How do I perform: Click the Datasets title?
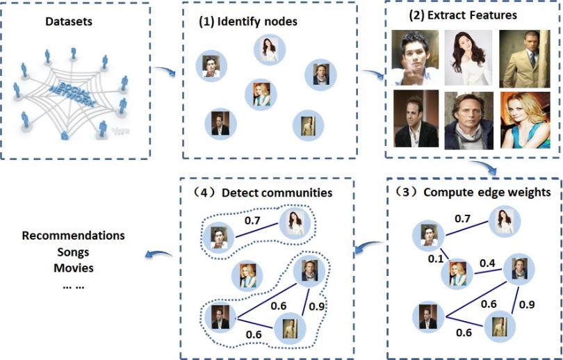[69, 24]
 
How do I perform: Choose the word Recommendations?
[73, 236]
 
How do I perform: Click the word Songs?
[73, 252]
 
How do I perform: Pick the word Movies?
[73, 268]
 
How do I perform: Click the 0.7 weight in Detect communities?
[253, 221]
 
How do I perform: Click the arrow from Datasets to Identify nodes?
[165, 70]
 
